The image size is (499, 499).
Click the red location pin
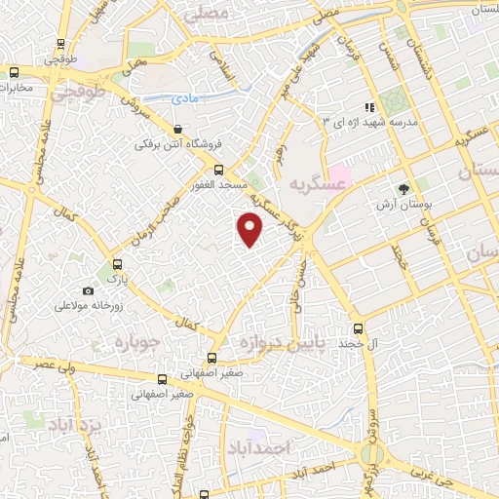pos(250,229)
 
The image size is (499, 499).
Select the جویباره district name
pos(142,343)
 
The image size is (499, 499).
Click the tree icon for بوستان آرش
pos(403,188)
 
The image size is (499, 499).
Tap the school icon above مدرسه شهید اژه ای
pos(368,106)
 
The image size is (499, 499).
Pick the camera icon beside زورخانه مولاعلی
pos(88,291)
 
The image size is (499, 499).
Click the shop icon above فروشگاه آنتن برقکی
pos(176,129)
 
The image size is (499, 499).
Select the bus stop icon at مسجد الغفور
pos(217,169)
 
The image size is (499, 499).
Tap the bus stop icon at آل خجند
pos(359,327)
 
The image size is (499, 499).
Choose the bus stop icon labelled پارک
pos(117,263)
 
